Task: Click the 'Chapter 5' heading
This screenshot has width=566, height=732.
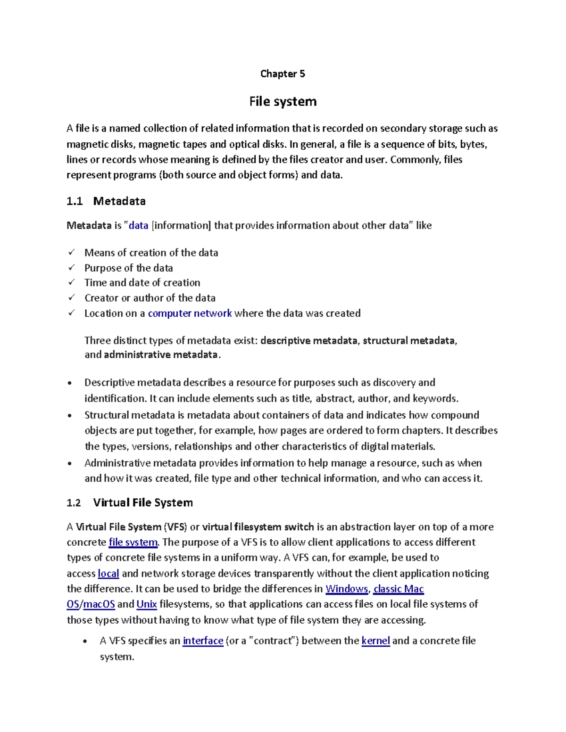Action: [x=283, y=74]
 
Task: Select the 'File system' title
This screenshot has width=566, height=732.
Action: [x=283, y=101]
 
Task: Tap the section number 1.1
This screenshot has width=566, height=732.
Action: [x=75, y=201]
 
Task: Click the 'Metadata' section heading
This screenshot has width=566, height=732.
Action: [x=119, y=201]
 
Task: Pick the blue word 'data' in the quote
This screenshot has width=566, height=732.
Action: [x=138, y=225]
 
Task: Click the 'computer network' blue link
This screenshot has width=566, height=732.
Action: [x=190, y=313]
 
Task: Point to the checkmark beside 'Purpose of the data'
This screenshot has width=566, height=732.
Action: [x=71, y=267]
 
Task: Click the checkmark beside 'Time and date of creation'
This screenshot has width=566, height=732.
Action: [x=71, y=282]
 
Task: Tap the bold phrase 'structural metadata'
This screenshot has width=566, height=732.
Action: [x=409, y=340]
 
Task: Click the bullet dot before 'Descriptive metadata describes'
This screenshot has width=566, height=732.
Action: [x=70, y=383]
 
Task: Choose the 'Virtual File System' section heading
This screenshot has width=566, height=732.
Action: [x=143, y=502]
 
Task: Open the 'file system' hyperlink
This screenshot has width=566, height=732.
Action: [x=133, y=542]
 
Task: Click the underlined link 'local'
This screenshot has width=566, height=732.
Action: [x=108, y=573]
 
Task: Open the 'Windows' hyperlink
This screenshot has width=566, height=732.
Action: [x=347, y=589]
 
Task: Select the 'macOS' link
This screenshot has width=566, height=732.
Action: [x=99, y=604]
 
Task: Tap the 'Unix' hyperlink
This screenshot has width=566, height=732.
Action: [x=147, y=604]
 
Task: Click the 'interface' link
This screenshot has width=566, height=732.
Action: [x=203, y=641]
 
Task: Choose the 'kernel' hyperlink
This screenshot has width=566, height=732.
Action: [x=375, y=641]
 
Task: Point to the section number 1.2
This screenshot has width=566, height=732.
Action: [x=74, y=502]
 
